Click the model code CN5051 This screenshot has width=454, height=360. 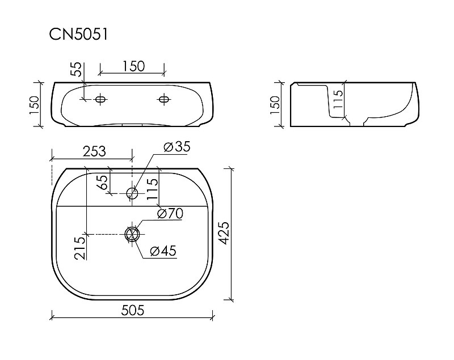pos(78,34)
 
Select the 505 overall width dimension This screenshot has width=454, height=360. pos(133,310)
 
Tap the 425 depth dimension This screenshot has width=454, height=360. pos(224,233)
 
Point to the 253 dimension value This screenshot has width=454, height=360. pos(94,151)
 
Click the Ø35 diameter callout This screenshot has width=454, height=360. pos(177,147)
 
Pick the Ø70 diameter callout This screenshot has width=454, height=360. pos(170,214)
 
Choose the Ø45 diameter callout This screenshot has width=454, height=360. pos(163,251)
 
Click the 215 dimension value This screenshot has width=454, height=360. pos(80,248)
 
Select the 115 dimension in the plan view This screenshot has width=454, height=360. pos(152,189)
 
